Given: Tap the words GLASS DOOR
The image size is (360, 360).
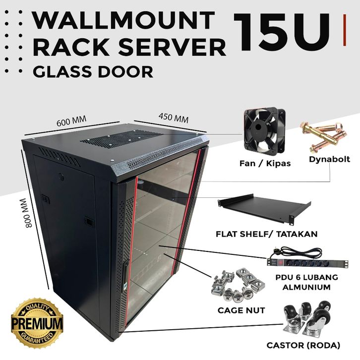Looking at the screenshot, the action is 93,72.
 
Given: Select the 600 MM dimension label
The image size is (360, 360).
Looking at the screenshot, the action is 71,121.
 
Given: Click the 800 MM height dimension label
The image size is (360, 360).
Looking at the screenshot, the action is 28,213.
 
